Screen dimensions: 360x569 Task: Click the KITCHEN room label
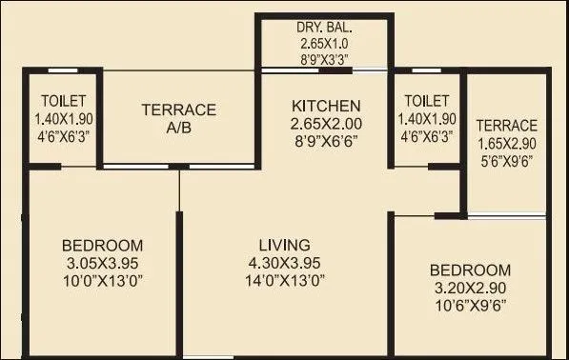(326, 105)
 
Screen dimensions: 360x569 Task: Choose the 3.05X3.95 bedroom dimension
(103, 262)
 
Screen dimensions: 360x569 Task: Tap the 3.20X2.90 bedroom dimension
(470, 288)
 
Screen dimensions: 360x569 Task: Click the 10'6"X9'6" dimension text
(470, 306)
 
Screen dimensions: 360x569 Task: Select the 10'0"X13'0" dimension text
(103, 280)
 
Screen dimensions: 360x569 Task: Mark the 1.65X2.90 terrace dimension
(507, 144)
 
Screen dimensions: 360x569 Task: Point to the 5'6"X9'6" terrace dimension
(507, 161)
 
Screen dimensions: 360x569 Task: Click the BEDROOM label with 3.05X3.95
(103, 244)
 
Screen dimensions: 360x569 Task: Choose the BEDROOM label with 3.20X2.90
(470, 270)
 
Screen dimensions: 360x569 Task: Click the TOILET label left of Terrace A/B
(64, 101)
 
